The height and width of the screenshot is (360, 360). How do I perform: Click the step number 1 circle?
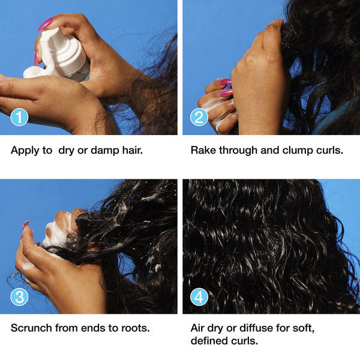tap(20, 117)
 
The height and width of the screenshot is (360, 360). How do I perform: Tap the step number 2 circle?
tap(199, 117)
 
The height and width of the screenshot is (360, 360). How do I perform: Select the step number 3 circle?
tap(20, 296)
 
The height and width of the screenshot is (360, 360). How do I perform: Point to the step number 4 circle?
tap(199, 296)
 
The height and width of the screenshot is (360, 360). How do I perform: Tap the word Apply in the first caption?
tap(25, 150)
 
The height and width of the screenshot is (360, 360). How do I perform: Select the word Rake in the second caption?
tap(203, 150)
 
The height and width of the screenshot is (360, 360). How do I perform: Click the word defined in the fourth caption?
tap(210, 341)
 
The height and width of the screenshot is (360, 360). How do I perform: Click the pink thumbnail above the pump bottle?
tap(46, 24)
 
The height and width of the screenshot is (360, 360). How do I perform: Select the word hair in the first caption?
tap(131, 150)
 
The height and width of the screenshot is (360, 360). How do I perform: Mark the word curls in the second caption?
tap(330, 150)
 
